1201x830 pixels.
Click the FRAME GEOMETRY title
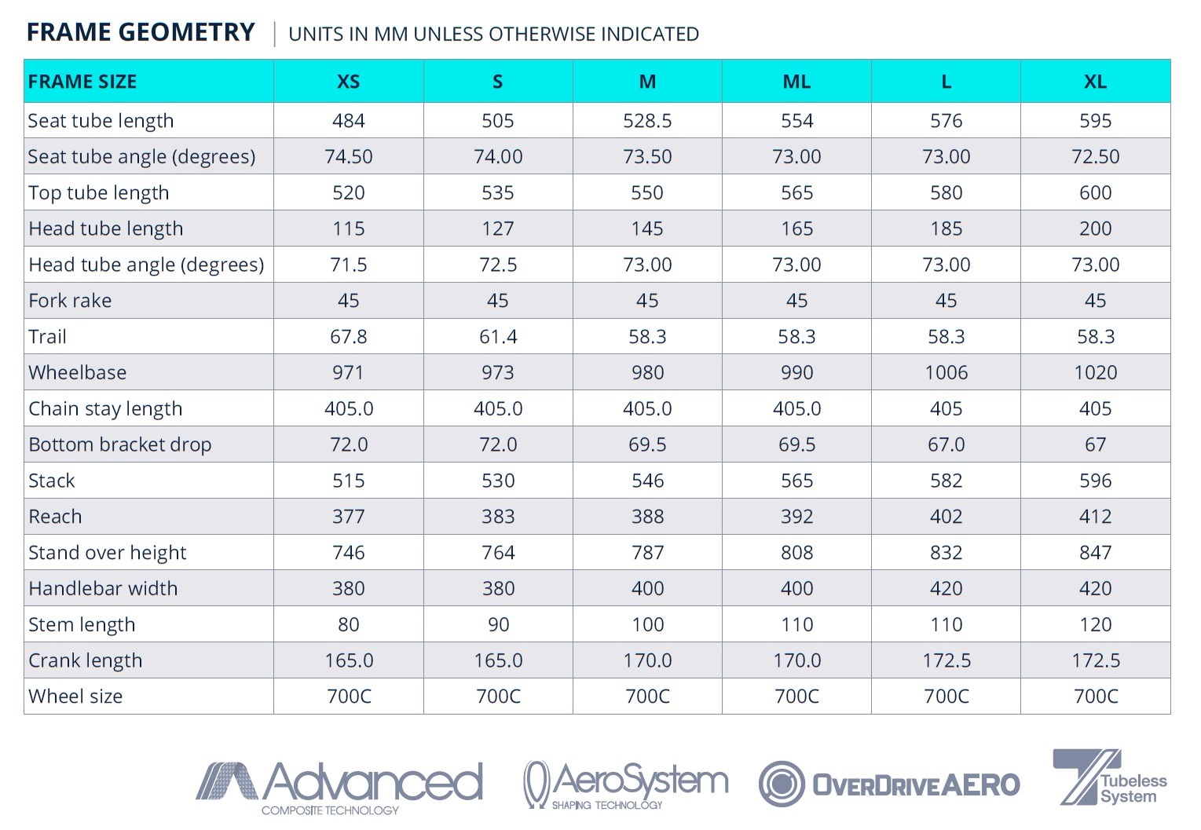141,32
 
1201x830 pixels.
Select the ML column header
796,82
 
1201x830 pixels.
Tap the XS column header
348,82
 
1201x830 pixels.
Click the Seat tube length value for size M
647,121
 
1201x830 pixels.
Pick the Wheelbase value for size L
946,373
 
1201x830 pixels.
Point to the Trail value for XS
348,337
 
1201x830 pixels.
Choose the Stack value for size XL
1095,481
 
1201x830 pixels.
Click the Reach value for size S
498,517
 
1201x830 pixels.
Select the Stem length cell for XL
1095,625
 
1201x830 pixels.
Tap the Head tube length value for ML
796,229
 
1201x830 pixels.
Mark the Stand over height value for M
647,553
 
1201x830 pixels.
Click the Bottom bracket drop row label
120,445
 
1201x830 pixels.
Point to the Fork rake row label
70,301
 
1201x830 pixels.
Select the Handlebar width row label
103,589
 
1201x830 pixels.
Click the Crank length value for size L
946,661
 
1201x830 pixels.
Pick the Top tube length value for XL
1095,193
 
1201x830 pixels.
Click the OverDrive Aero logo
888,784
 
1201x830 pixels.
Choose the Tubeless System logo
1109,778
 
